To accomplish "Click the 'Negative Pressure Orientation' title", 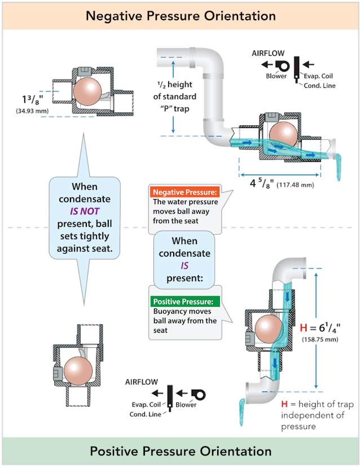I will click(x=180, y=15).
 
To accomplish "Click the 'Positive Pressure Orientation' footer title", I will click(x=180, y=451).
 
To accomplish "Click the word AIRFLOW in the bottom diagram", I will click(x=140, y=382).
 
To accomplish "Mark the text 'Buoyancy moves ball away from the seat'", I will click(x=184, y=321).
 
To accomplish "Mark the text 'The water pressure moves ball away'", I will click(x=182, y=211).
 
